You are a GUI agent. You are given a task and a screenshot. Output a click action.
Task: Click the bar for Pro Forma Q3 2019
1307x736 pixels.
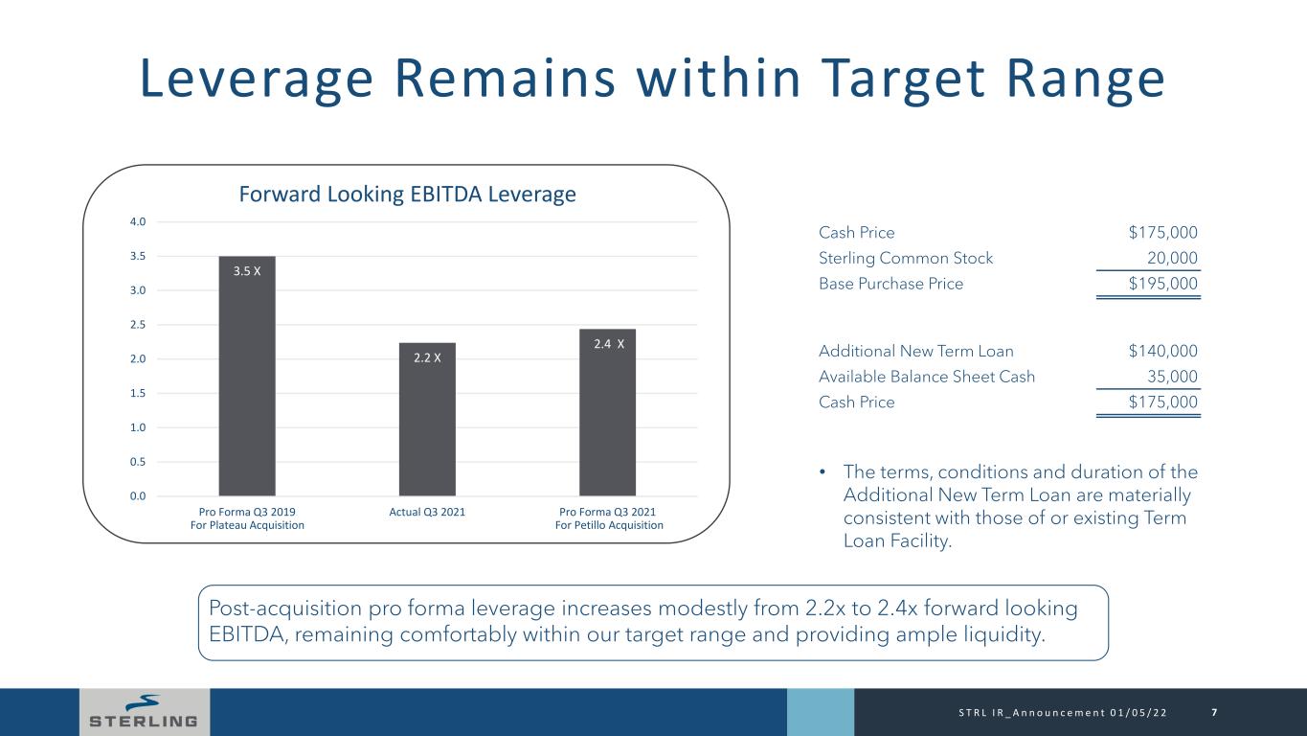pyautogui.click(x=247, y=383)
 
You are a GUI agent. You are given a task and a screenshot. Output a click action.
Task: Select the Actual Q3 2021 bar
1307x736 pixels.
pyautogui.click(x=427, y=422)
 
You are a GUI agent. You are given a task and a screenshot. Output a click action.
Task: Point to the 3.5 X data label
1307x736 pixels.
pyautogui.click(x=247, y=271)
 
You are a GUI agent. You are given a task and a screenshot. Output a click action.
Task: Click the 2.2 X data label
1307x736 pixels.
pyautogui.click(x=427, y=357)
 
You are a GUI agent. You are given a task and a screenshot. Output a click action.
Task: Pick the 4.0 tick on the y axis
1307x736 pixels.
pyautogui.click(x=138, y=222)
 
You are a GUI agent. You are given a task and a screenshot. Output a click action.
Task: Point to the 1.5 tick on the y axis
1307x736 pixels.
pyautogui.click(x=138, y=393)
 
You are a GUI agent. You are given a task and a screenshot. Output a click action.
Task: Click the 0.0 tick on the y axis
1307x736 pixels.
pyautogui.click(x=138, y=495)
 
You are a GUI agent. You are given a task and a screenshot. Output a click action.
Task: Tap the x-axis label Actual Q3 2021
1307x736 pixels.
pyautogui.click(x=427, y=511)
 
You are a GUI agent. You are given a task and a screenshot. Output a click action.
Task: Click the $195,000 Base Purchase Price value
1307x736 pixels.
pyautogui.click(x=1162, y=284)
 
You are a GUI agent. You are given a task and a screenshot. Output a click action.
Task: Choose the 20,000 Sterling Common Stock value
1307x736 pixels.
pyautogui.click(x=1171, y=258)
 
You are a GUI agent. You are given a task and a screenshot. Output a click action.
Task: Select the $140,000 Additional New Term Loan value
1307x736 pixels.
pyautogui.click(x=1162, y=351)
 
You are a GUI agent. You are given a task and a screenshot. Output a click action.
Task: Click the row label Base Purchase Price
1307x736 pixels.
pyautogui.click(x=890, y=284)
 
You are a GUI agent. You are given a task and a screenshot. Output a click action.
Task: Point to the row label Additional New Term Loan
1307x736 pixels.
pyautogui.click(x=915, y=351)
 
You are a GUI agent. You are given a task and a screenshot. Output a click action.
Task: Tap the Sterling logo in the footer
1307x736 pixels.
pyautogui.click(x=144, y=712)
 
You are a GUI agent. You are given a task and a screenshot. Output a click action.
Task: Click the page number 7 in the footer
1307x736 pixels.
pyautogui.click(x=1214, y=712)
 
